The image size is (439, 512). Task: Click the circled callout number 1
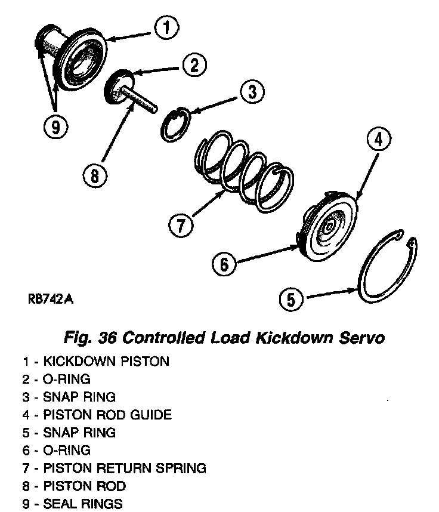pos(168,27)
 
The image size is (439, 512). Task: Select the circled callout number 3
pos(252,91)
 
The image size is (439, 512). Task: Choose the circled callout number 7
pos(180,225)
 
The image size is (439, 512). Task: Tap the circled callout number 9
pos(55,127)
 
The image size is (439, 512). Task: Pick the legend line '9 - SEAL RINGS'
pos(72,504)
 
